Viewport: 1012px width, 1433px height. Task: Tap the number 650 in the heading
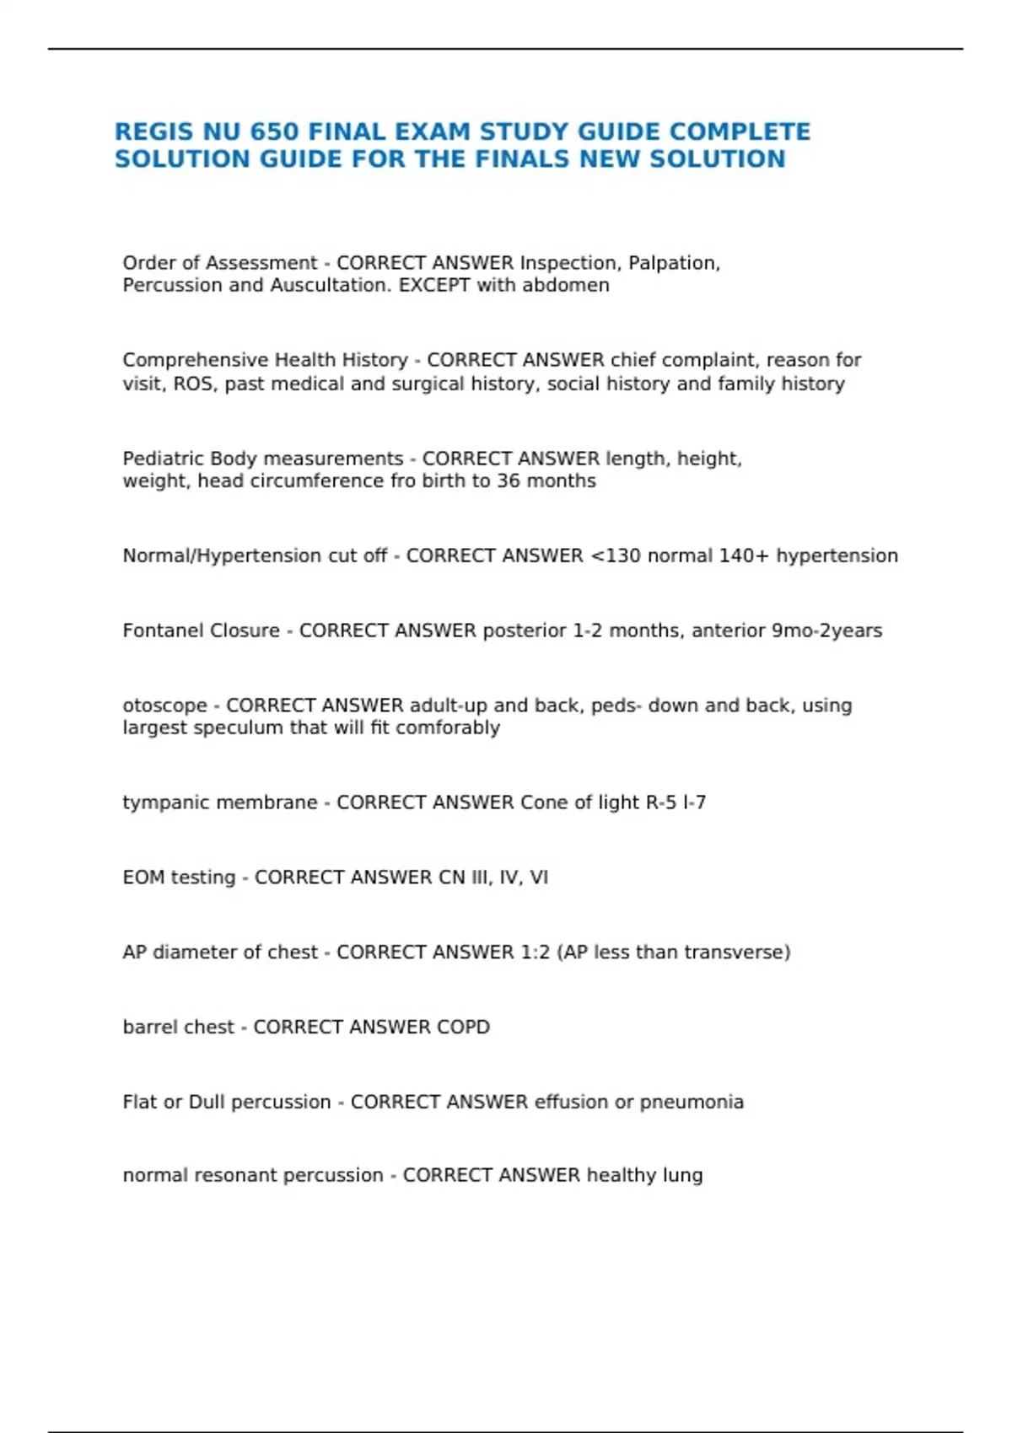(x=274, y=132)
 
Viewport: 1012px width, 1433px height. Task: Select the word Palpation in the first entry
(x=674, y=263)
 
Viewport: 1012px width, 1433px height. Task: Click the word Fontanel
(x=158, y=631)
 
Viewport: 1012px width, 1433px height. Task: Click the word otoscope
(x=164, y=706)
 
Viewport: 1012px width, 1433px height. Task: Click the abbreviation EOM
(x=143, y=878)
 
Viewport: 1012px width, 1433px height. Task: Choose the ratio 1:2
(x=531, y=953)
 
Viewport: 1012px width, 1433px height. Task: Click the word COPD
(x=463, y=1028)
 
